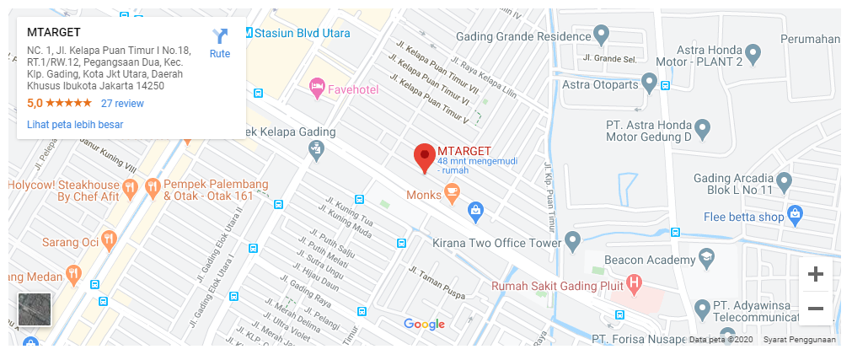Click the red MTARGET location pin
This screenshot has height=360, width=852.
click(425, 157)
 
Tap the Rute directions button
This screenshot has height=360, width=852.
click(220, 43)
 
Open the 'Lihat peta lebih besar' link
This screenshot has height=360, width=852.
click(75, 125)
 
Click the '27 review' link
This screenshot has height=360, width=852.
click(122, 104)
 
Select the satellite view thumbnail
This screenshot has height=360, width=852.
click(35, 309)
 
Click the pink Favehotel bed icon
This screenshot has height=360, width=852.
click(317, 86)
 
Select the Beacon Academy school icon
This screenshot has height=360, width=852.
click(705, 257)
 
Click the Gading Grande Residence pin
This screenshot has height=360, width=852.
click(601, 34)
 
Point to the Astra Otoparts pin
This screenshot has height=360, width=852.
click(649, 82)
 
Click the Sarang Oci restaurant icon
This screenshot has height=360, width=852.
click(109, 241)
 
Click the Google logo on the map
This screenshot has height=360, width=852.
click(424, 325)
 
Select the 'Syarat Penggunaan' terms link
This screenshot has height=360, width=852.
click(799, 340)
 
